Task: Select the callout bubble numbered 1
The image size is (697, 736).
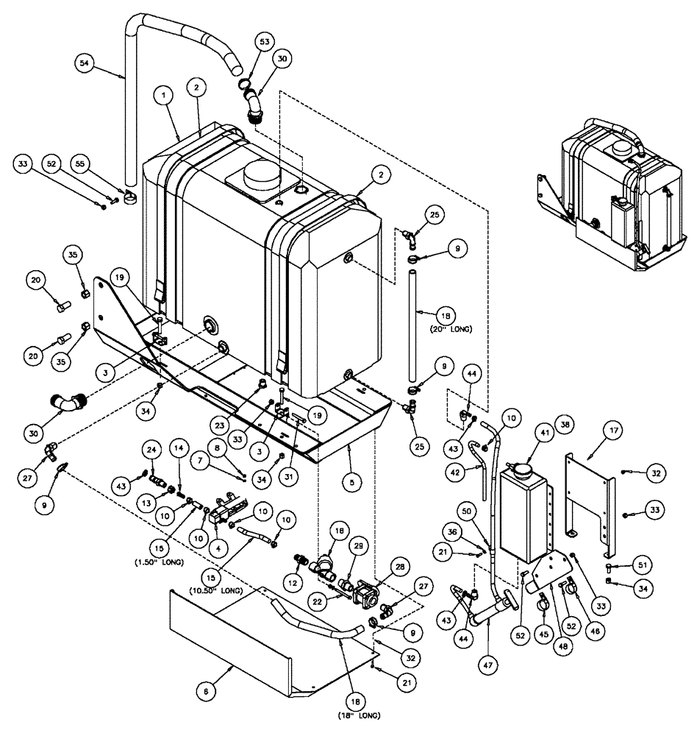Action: pos(166,96)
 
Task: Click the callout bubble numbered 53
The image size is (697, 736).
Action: pos(263,44)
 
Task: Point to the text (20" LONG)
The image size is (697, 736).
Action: pos(449,328)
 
